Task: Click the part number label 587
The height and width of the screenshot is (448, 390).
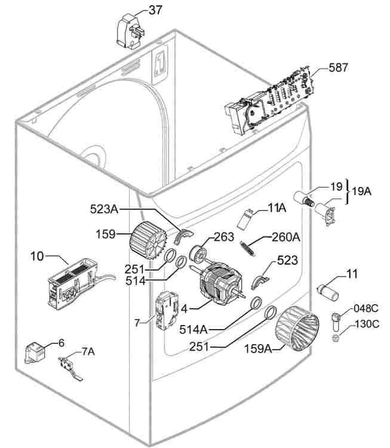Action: point(338,68)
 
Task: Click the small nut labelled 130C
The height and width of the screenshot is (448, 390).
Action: point(336,339)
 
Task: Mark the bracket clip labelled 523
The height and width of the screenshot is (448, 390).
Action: point(262,279)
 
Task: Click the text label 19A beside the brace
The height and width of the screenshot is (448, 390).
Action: point(361,191)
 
